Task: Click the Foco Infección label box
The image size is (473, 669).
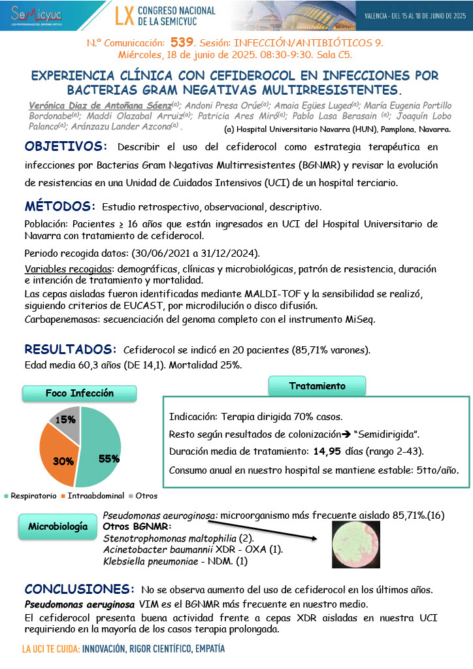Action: (x=79, y=393)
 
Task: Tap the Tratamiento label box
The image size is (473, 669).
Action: (x=317, y=386)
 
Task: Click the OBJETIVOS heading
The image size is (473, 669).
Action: (x=63, y=146)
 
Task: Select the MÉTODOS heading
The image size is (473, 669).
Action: (x=60, y=206)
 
